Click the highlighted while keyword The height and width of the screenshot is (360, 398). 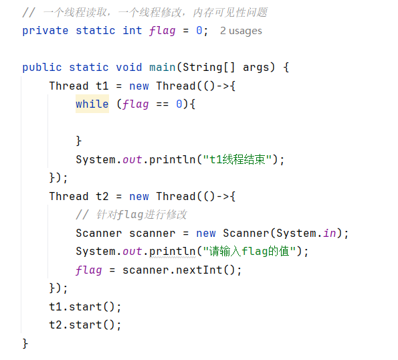pyautogui.click(x=92, y=104)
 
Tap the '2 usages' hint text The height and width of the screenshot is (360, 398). pyautogui.click(x=241, y=31)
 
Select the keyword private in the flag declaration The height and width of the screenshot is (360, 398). pyautogui.click(x=45, y=31)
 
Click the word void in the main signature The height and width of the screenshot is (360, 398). pyautogui.click(x=129, y=68)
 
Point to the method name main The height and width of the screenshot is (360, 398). pyautogui.click(x=163, y=68)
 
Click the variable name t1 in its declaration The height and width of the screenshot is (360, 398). pyautogui.click(x=102, y=86)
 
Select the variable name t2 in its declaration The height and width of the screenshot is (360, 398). pyautogui.click(x=102, y=196)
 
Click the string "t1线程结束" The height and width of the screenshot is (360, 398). pyautogui.click(x=237, y=159)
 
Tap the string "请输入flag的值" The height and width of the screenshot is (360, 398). pyautogui.click(x=250, y=252)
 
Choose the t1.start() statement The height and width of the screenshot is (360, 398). pyautogui.click(x=86, y=306)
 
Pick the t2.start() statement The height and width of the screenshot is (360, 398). pyautogui.click(x=86, y=325)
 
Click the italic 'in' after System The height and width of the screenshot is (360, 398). pyautogui.click(x=330, y=233)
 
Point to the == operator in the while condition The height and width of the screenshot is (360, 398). pyautogui.click(x=163, y=104)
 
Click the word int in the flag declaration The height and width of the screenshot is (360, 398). pyautogui.click(x=132, y=31)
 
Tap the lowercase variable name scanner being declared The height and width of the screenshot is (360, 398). pyautogui.click(x=153, y=234)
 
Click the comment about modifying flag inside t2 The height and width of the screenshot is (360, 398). pyautogui.click(x=131, y=215)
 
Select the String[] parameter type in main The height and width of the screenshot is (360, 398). pyautogui.click(x=209, y=68)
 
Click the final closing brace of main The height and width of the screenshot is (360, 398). pyautogui.click(x=25, y=343)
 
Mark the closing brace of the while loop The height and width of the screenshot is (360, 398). pyautogui.click(x=79, y=141)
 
